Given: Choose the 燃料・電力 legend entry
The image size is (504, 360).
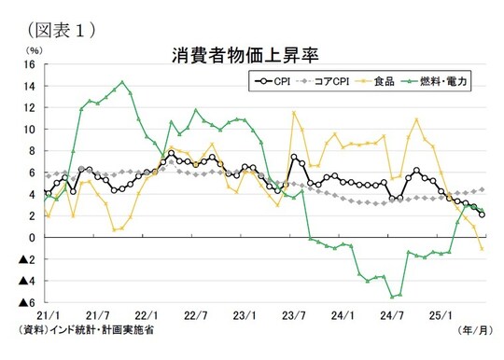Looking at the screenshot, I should coord(438,82).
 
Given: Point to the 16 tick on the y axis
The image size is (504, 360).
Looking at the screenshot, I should coord(29,65).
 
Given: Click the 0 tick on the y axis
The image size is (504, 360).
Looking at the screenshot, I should coord(32,238).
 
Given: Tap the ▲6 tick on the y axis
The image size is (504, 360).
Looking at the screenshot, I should coord(27,302).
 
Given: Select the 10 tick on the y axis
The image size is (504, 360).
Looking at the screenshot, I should coord(29,130).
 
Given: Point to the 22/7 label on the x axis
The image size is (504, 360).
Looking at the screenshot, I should coord(196,315).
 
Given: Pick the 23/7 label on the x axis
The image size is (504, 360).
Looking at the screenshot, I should coord(296,315).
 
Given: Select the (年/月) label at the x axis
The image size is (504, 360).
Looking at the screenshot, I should coord(472,331).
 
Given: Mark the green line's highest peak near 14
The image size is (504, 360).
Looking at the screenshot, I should coord(122,82).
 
